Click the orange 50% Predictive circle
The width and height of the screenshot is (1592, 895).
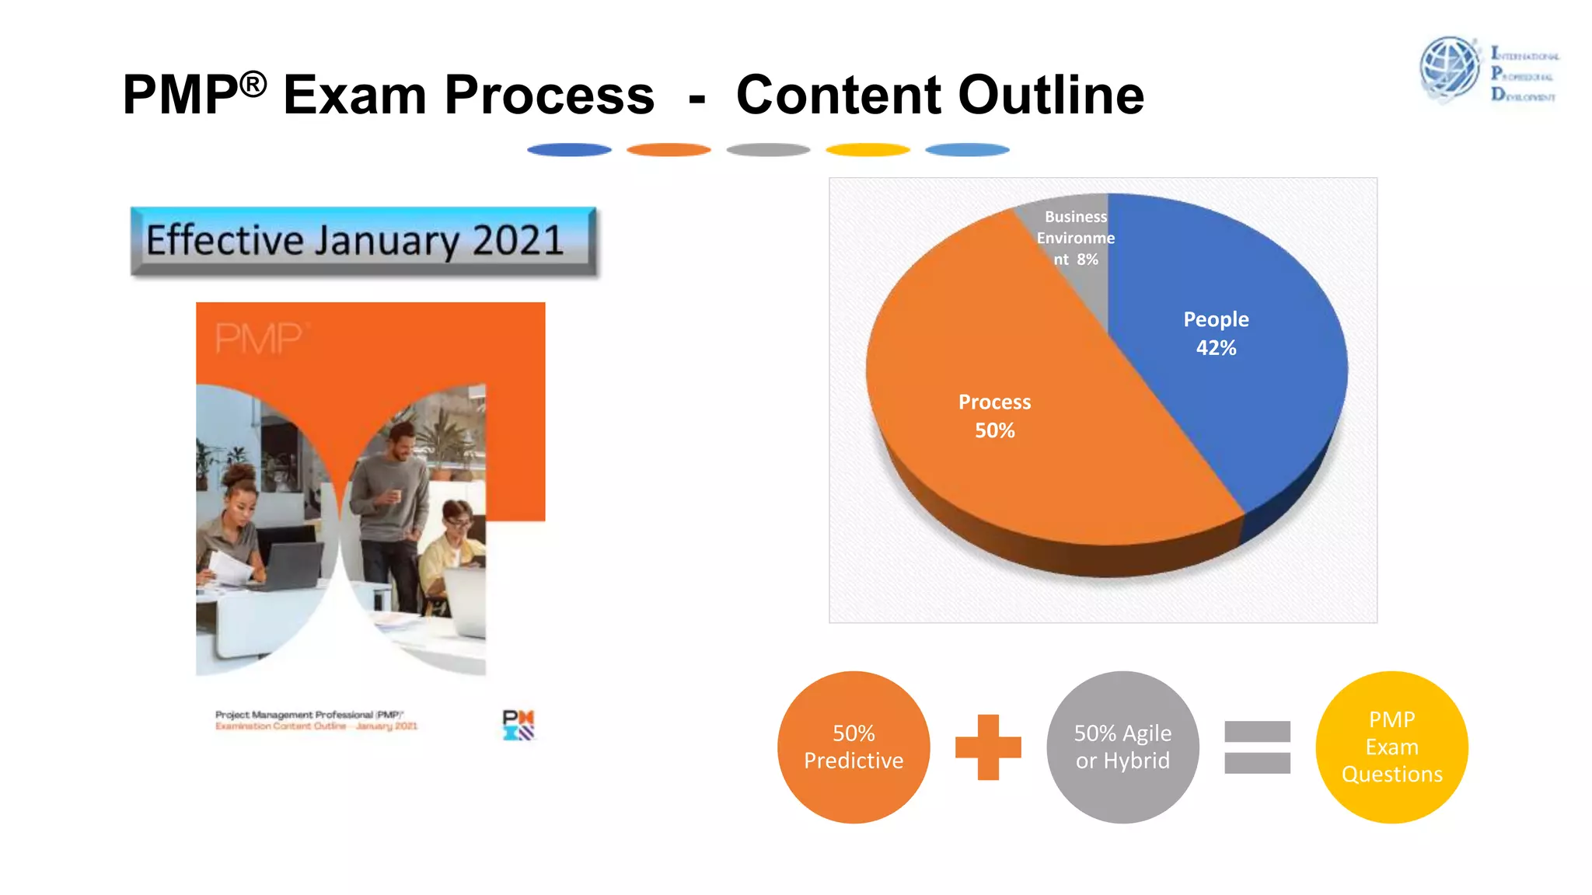[x=854, y=747]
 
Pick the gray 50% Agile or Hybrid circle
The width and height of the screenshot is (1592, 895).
[x=1122, y=747]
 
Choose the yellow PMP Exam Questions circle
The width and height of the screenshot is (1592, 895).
[x=1391, y=747]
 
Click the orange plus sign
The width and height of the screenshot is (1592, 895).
[x=988, y=747]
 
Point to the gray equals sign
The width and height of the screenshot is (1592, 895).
[x=1257, y=747]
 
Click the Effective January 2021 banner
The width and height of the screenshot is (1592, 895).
[x=363, y=241]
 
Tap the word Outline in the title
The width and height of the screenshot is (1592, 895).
[x=1051, y=95]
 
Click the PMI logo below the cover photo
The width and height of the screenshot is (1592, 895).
[x=518, y=725]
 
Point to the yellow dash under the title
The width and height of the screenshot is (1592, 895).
[x=868, y=150]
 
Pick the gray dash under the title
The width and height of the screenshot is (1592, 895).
[x=768, y=150]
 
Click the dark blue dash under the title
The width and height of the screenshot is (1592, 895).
[x=569, y=150]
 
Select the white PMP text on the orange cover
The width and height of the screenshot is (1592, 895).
[x=259, y=339]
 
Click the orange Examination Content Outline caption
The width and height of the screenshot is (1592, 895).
[x=316, y=726]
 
